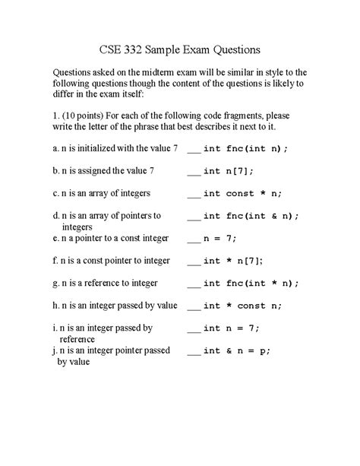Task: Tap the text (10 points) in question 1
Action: pyautogui.click(x=84, y=114)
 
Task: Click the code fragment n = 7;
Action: pyautogui.click(x=220, y=238)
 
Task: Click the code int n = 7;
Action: pyautogui.click(x=232, y=328)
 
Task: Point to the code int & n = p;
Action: pyautogui.click(x=237, y=350)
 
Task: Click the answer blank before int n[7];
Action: pyautogui.click(x=193, y=173)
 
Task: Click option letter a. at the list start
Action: pyautogui.click(x=55, y=148)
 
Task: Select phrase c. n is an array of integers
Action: pyautogui.click(x=101, y=193)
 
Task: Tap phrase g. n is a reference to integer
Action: pyautogui.click(x=105, y=283)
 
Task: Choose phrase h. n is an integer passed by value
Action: pyautogui.click(x=115, y=306)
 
